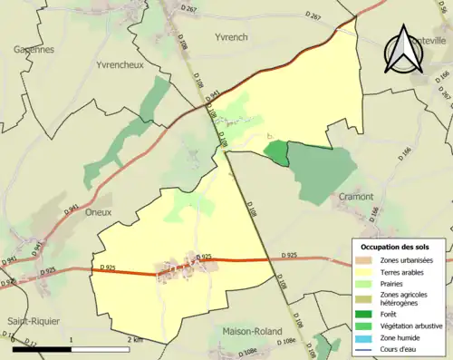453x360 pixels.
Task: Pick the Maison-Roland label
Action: pyautogui.click(x=251, y=333)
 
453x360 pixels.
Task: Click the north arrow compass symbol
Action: pyautogui.click(x=403, y=50)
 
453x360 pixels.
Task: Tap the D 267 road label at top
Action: pyautogui.click(x=188, y=8)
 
